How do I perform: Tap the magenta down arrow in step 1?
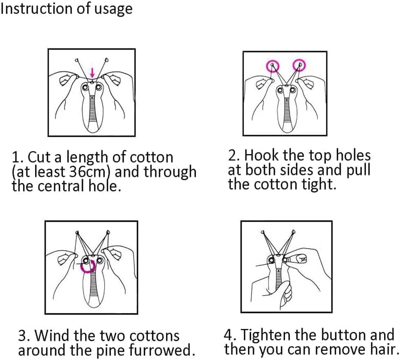(92, 73)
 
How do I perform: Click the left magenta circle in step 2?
(273, 66)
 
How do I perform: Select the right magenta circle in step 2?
(299, 65)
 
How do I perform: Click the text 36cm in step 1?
(87, 172)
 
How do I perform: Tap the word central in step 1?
(61, 186)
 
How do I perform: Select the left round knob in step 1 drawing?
(85, 88)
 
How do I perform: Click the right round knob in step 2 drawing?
(293, 90)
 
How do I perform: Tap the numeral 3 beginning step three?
(22, 335)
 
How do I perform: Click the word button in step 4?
(343, 334)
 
